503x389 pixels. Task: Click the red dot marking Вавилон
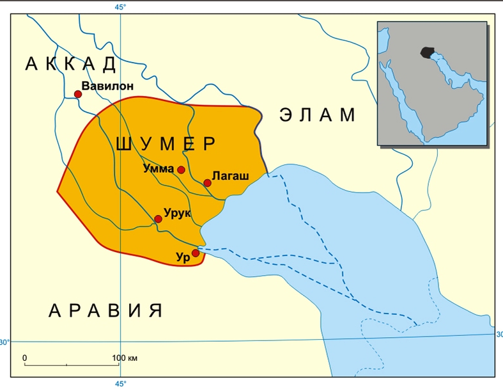pyautogui.click(x=78, y=94)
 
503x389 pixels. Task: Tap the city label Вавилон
pyautogui.click(x=107, y=85)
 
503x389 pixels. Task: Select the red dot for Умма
pyautogui.click(x=182, y=170)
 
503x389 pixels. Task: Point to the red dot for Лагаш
pyautogui.click(x=207, y=183)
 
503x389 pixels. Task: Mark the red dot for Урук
pyautogui.click(x=158, y=219)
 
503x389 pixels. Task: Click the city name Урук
pyautogui.click(x=178, y=213)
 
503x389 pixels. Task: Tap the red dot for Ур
pyautogui.click(x=196, y=253)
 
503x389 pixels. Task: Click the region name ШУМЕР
pyautogui.click(x=167, y=144)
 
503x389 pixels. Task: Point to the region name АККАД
pyautogui.click(x=72, y=64)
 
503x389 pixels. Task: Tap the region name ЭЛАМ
pyautogui.click(x=318, y=115)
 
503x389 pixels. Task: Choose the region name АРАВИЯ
pyautogui.click(x=106, y=311)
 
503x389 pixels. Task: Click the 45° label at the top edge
pyautogui.click(x=120, y=7)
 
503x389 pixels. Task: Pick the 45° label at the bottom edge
pyautogui.click(x=120, y=383)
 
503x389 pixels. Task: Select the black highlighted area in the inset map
pyautogui.click(x=426, y=52)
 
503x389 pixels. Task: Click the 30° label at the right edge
pyautogui.click(x=499, y=334)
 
